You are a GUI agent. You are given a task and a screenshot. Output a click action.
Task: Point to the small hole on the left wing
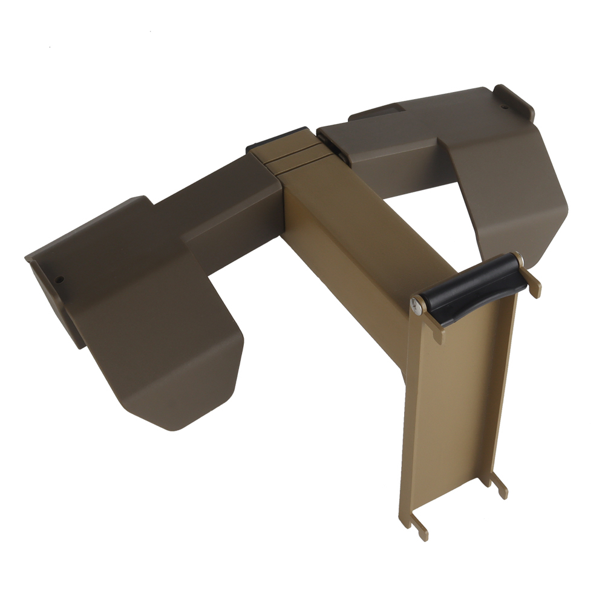60,280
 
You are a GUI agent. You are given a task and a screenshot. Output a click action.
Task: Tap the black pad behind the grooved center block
276,139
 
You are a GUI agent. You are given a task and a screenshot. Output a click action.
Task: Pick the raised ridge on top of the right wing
375,111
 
